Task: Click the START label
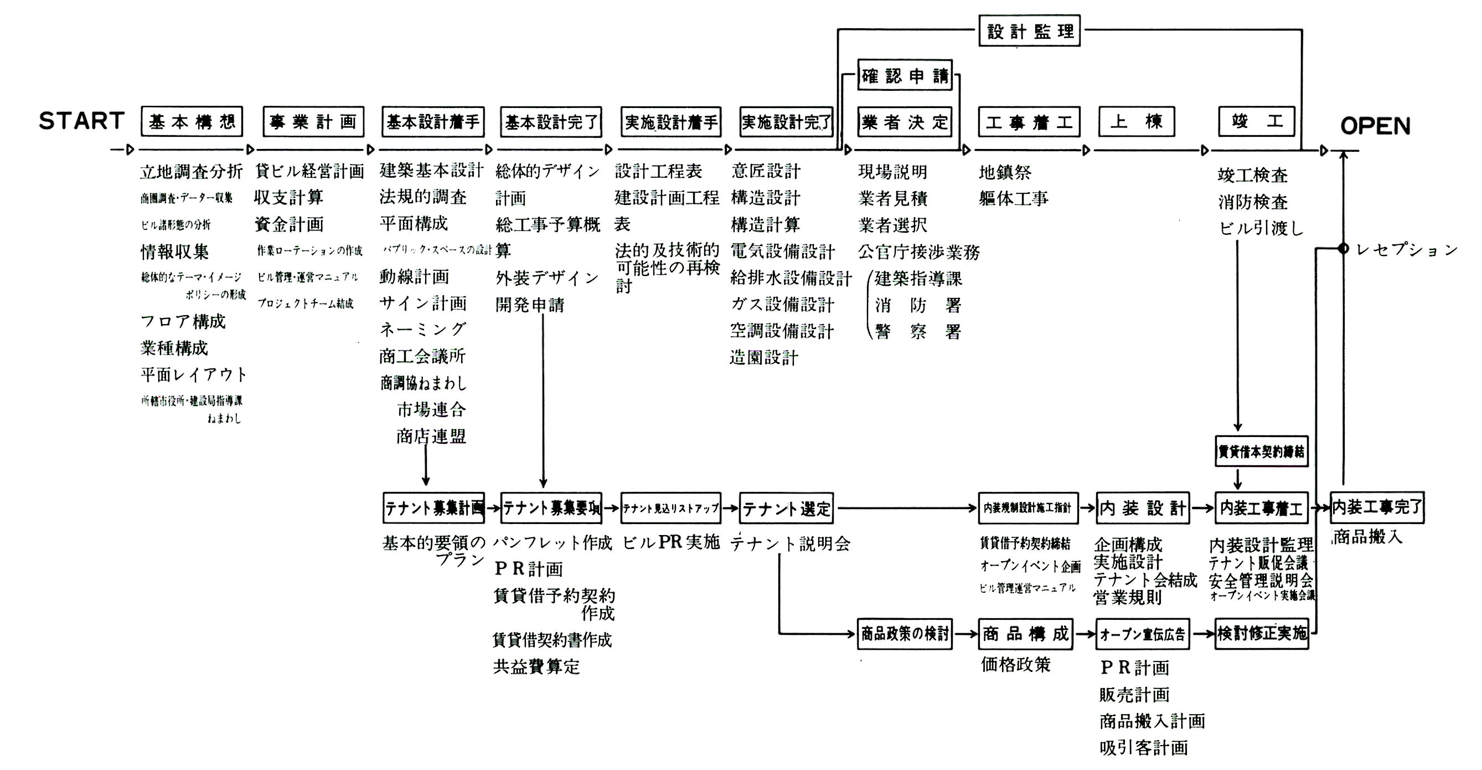pos(82,121)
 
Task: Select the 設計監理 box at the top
pos(1029,31)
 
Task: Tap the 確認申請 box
pos(905,75)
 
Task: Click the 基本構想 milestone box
pos(192,121)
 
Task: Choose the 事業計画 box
pos(313,121)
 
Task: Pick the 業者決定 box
pos(905,122)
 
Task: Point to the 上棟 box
pos(1136,121)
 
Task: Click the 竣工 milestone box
pos(1257,121)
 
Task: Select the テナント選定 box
pos(787,508)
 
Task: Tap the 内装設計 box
pos(1143,508)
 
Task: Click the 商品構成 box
pos(1025,634)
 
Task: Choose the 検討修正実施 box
pos(1262,634)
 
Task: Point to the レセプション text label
pos(1407,249)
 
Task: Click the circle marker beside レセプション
pos(1343,249)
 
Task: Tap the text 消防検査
pos(1252,202)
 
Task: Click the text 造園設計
pos(764,358)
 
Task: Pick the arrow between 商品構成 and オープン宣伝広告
pos(1085,634)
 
